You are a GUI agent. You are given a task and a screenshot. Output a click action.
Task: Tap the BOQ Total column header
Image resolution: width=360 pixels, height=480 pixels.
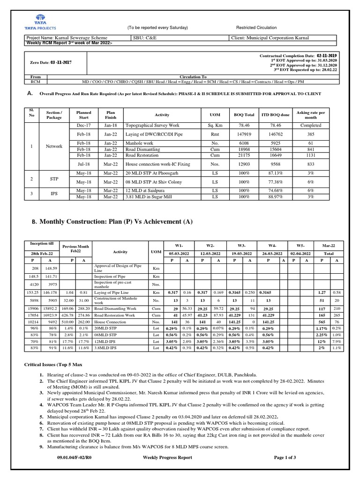click(244, 115)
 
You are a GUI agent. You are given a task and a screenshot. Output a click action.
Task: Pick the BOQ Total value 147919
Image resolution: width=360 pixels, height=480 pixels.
click(244, 133)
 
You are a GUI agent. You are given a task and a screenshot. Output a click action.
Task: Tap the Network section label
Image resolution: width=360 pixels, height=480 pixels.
click(54, 146)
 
